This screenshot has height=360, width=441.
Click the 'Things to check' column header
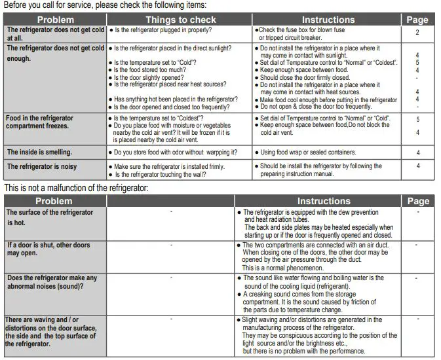179,20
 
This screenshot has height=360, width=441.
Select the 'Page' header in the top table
417,20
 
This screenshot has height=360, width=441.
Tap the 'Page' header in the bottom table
417,201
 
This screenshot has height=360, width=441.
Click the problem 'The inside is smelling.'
39,153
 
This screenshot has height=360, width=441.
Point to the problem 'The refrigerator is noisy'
41,167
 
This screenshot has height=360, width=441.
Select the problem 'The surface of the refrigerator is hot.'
49,217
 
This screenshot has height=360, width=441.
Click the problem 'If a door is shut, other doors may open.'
48,249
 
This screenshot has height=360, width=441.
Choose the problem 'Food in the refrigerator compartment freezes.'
40,122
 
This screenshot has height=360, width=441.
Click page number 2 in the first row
417,32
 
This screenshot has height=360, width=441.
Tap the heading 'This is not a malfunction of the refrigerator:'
76,189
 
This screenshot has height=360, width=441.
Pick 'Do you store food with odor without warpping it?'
175,153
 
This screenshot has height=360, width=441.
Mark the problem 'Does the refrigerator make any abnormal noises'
51,282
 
